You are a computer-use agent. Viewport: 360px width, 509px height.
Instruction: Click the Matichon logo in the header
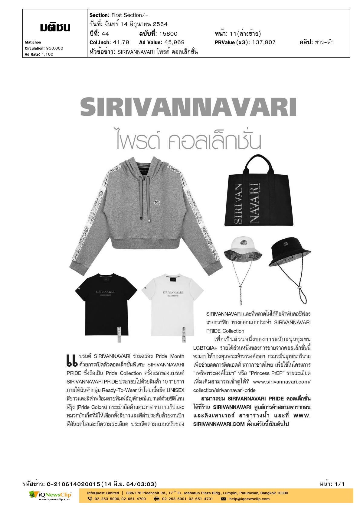pos(55,28)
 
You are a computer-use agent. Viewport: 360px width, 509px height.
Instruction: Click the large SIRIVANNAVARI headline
pos(188,107)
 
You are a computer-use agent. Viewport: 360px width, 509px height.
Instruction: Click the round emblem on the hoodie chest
pos(157,202)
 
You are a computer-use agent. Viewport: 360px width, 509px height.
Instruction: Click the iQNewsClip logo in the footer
pos(51,496)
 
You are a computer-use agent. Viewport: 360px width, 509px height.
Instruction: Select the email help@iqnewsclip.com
pos(249,499)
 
